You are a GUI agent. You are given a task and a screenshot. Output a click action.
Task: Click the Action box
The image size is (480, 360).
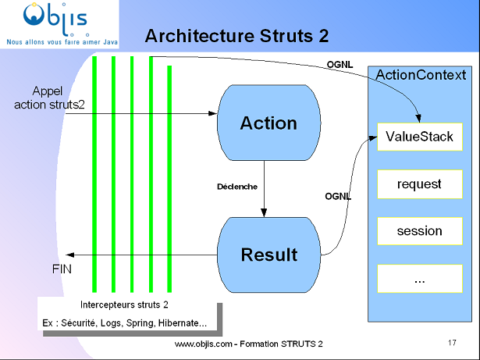[x=268, y=123]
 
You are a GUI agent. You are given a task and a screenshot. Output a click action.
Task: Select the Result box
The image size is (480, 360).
[x=268, y=255]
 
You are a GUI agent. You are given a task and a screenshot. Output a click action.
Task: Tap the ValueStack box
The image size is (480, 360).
[x=419, y=137]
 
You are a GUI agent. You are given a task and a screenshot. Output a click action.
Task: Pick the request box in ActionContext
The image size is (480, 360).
[x=419, y=184]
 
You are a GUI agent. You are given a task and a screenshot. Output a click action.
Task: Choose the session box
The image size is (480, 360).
[x=419, y=231]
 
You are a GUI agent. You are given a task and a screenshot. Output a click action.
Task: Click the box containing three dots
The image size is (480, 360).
[x=419, y=280]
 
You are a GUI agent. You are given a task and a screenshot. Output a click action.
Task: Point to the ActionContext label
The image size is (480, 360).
[x=421, y=74]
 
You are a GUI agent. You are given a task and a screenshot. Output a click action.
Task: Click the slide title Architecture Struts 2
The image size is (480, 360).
[x=237, y=36]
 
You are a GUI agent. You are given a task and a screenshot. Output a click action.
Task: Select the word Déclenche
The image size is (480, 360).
[x=237, y=187]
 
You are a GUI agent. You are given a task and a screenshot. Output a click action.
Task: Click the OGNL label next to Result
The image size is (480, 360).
[x=338, y=197]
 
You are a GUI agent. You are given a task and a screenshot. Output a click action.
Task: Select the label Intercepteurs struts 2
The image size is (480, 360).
[x=125, y=305]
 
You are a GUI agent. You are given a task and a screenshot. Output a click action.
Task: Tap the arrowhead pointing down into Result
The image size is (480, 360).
[x=265, y=213]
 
